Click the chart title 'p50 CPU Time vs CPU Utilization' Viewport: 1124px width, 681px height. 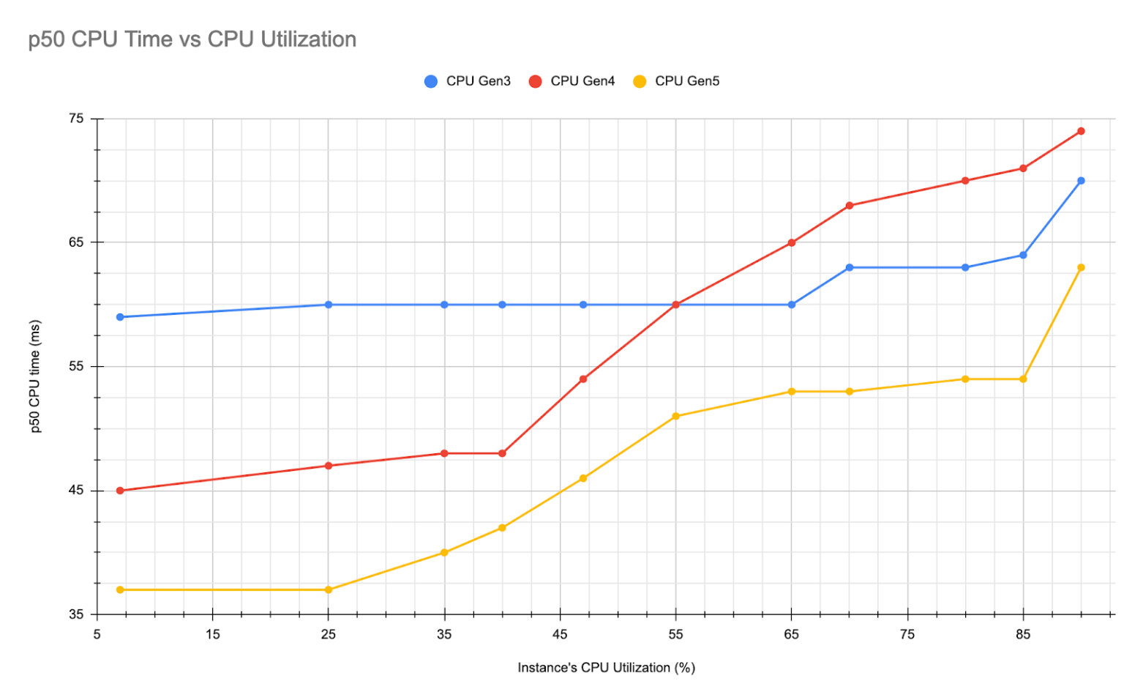[x=192, y=40]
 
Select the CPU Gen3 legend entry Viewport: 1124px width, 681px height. [x=468, y=81]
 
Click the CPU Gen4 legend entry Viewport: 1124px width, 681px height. [x=572, y=81]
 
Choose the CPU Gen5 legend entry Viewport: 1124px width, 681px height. [x=677, y=81]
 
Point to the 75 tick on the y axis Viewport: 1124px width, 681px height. [x=76, y=119]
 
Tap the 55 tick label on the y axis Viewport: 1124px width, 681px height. [x=76, y=366]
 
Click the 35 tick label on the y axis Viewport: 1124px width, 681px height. [x=76, y=614]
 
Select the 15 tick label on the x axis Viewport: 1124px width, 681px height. [x=212, y=634]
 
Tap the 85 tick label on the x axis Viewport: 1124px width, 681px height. [x=1023, y=634]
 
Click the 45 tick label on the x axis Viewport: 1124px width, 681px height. [x=560, y=634]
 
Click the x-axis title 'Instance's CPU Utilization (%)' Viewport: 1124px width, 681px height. [x=606, y=668]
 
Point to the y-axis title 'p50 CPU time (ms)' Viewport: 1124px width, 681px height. [x=35, y=376]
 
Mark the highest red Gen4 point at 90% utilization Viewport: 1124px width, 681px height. [x=1081, y=131]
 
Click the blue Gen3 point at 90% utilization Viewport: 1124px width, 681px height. [x=1081, y=181]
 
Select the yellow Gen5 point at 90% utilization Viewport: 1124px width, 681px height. [x=1081, y=268]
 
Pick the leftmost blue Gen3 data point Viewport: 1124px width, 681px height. [x=120, y=317]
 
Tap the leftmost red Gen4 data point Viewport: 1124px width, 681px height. [x=120, y=491]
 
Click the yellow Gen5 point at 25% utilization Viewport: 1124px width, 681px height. [x=329, y=589]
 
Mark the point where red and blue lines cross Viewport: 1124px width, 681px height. [x=675, y=305]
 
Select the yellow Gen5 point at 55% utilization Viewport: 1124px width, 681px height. [x=675, y=417]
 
